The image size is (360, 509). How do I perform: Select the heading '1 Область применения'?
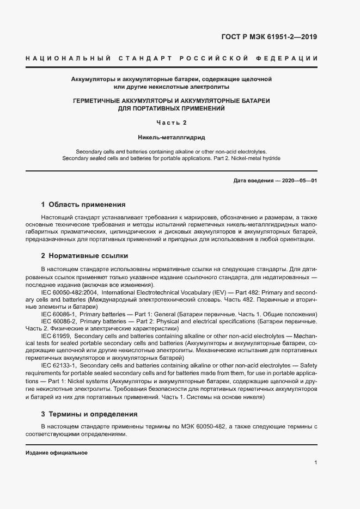[83, 205]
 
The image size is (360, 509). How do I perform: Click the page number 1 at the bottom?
[316, 463]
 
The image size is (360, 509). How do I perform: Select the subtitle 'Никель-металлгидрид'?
[172, 138]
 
